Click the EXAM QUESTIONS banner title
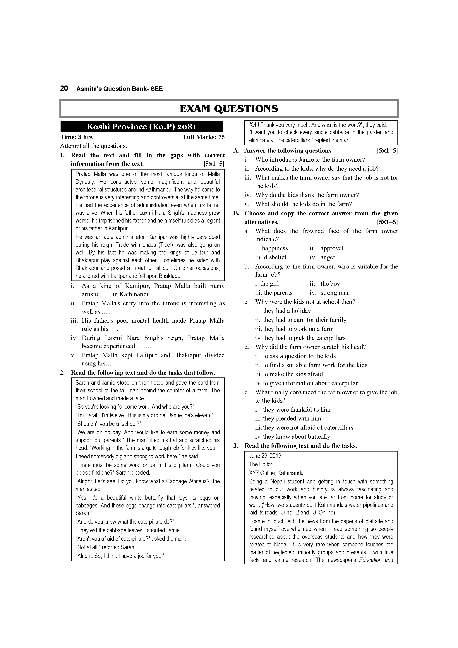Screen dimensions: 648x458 pos(229,109)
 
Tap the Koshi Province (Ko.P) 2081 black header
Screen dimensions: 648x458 pos(141,127)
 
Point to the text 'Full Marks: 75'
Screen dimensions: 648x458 pos(204,137)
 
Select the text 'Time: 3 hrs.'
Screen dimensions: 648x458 pos(77,137)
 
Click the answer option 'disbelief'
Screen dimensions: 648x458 pos(275,257)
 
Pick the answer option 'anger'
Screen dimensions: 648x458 pos(328,257)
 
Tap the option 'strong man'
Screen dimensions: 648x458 pos(335,293)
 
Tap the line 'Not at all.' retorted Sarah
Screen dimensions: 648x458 pos(106,547)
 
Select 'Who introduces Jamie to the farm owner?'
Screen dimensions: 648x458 pos(310,160)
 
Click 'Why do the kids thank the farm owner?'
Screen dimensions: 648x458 pos(307,195)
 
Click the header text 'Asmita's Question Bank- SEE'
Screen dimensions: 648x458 pos(120,89)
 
